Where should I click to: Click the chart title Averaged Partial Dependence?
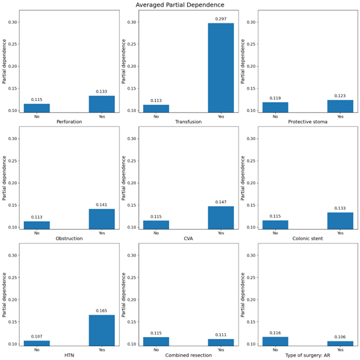tap(180, 5)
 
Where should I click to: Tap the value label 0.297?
tap(221, 19)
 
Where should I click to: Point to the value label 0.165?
tap(102, 312)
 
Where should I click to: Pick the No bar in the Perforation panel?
tap(36, 108)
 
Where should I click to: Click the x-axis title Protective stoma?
tap(307, 121)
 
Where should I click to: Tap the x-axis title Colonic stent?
tap(307, 238)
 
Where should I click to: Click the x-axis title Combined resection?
tap(188, 355)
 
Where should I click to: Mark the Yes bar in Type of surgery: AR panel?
tap(340, 343)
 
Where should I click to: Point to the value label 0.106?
tap(340, 337)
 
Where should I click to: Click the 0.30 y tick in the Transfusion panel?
tap(131, 22)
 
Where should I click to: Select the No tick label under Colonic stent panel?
tap(275, 233)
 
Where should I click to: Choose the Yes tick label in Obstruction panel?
tap(102, 233)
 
